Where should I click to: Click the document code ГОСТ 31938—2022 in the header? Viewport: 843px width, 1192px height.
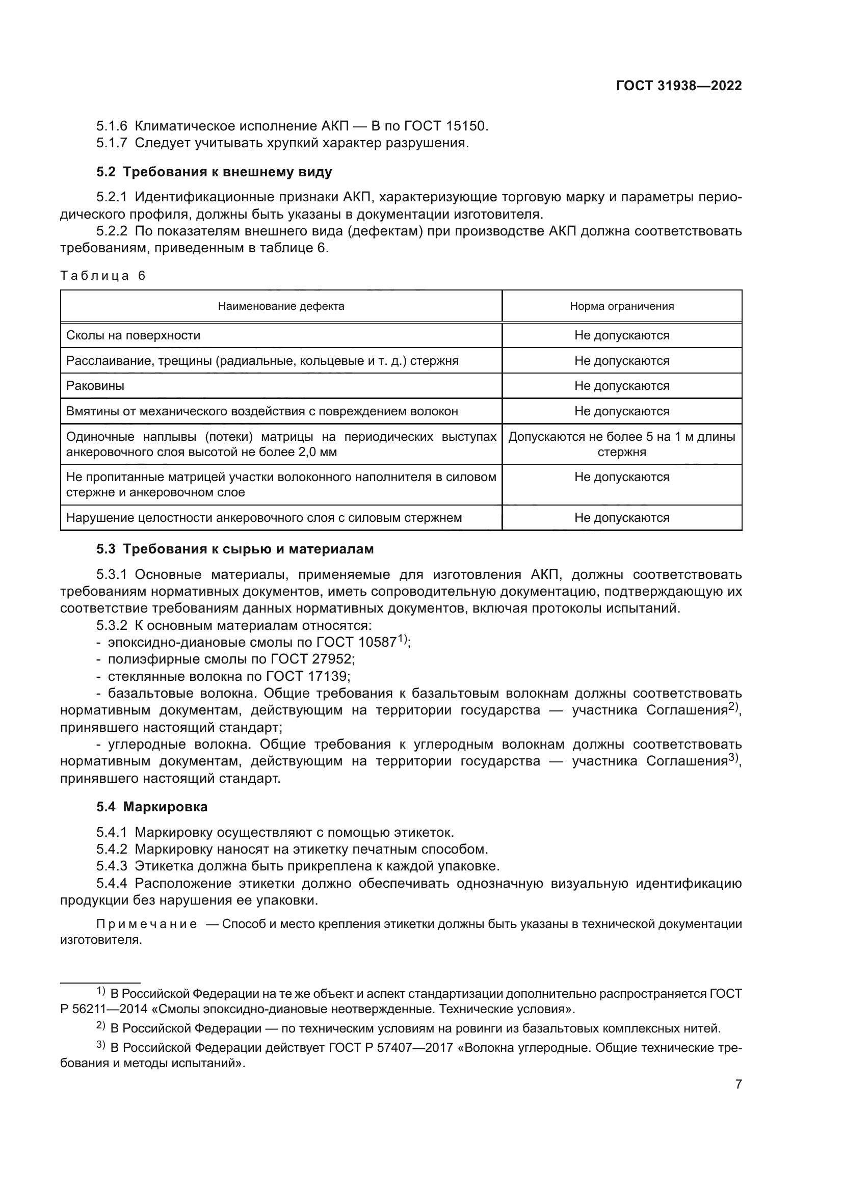tap(678, 86)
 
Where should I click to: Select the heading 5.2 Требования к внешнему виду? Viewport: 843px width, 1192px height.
tap(214, 172)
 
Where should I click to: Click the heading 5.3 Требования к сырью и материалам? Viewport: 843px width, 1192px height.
tap(234, 549)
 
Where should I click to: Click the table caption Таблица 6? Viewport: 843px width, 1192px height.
tap(103, 275)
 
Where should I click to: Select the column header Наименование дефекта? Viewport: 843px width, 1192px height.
tap(281, 306)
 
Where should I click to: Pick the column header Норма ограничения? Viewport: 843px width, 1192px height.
tap(621, 306)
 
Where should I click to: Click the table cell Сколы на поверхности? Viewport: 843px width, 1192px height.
tap(134, 335)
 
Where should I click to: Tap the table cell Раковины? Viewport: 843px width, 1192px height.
tap(95, 386)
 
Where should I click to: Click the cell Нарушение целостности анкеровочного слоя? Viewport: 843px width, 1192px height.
tap(264, 518)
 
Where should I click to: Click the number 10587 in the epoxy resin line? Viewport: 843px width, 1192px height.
tap(374, 643)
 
